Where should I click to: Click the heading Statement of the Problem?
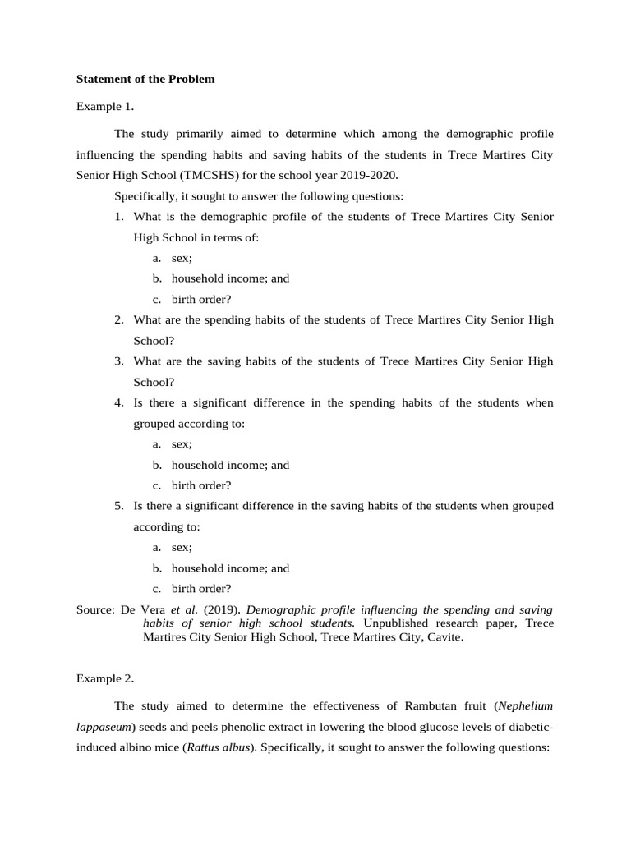[145, 80]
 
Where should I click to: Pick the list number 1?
[118, 216]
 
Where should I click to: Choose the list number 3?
[118, 361]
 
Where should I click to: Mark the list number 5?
[118, 506]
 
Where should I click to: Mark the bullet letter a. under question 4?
[156, 444]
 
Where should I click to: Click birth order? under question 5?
[201, 589]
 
